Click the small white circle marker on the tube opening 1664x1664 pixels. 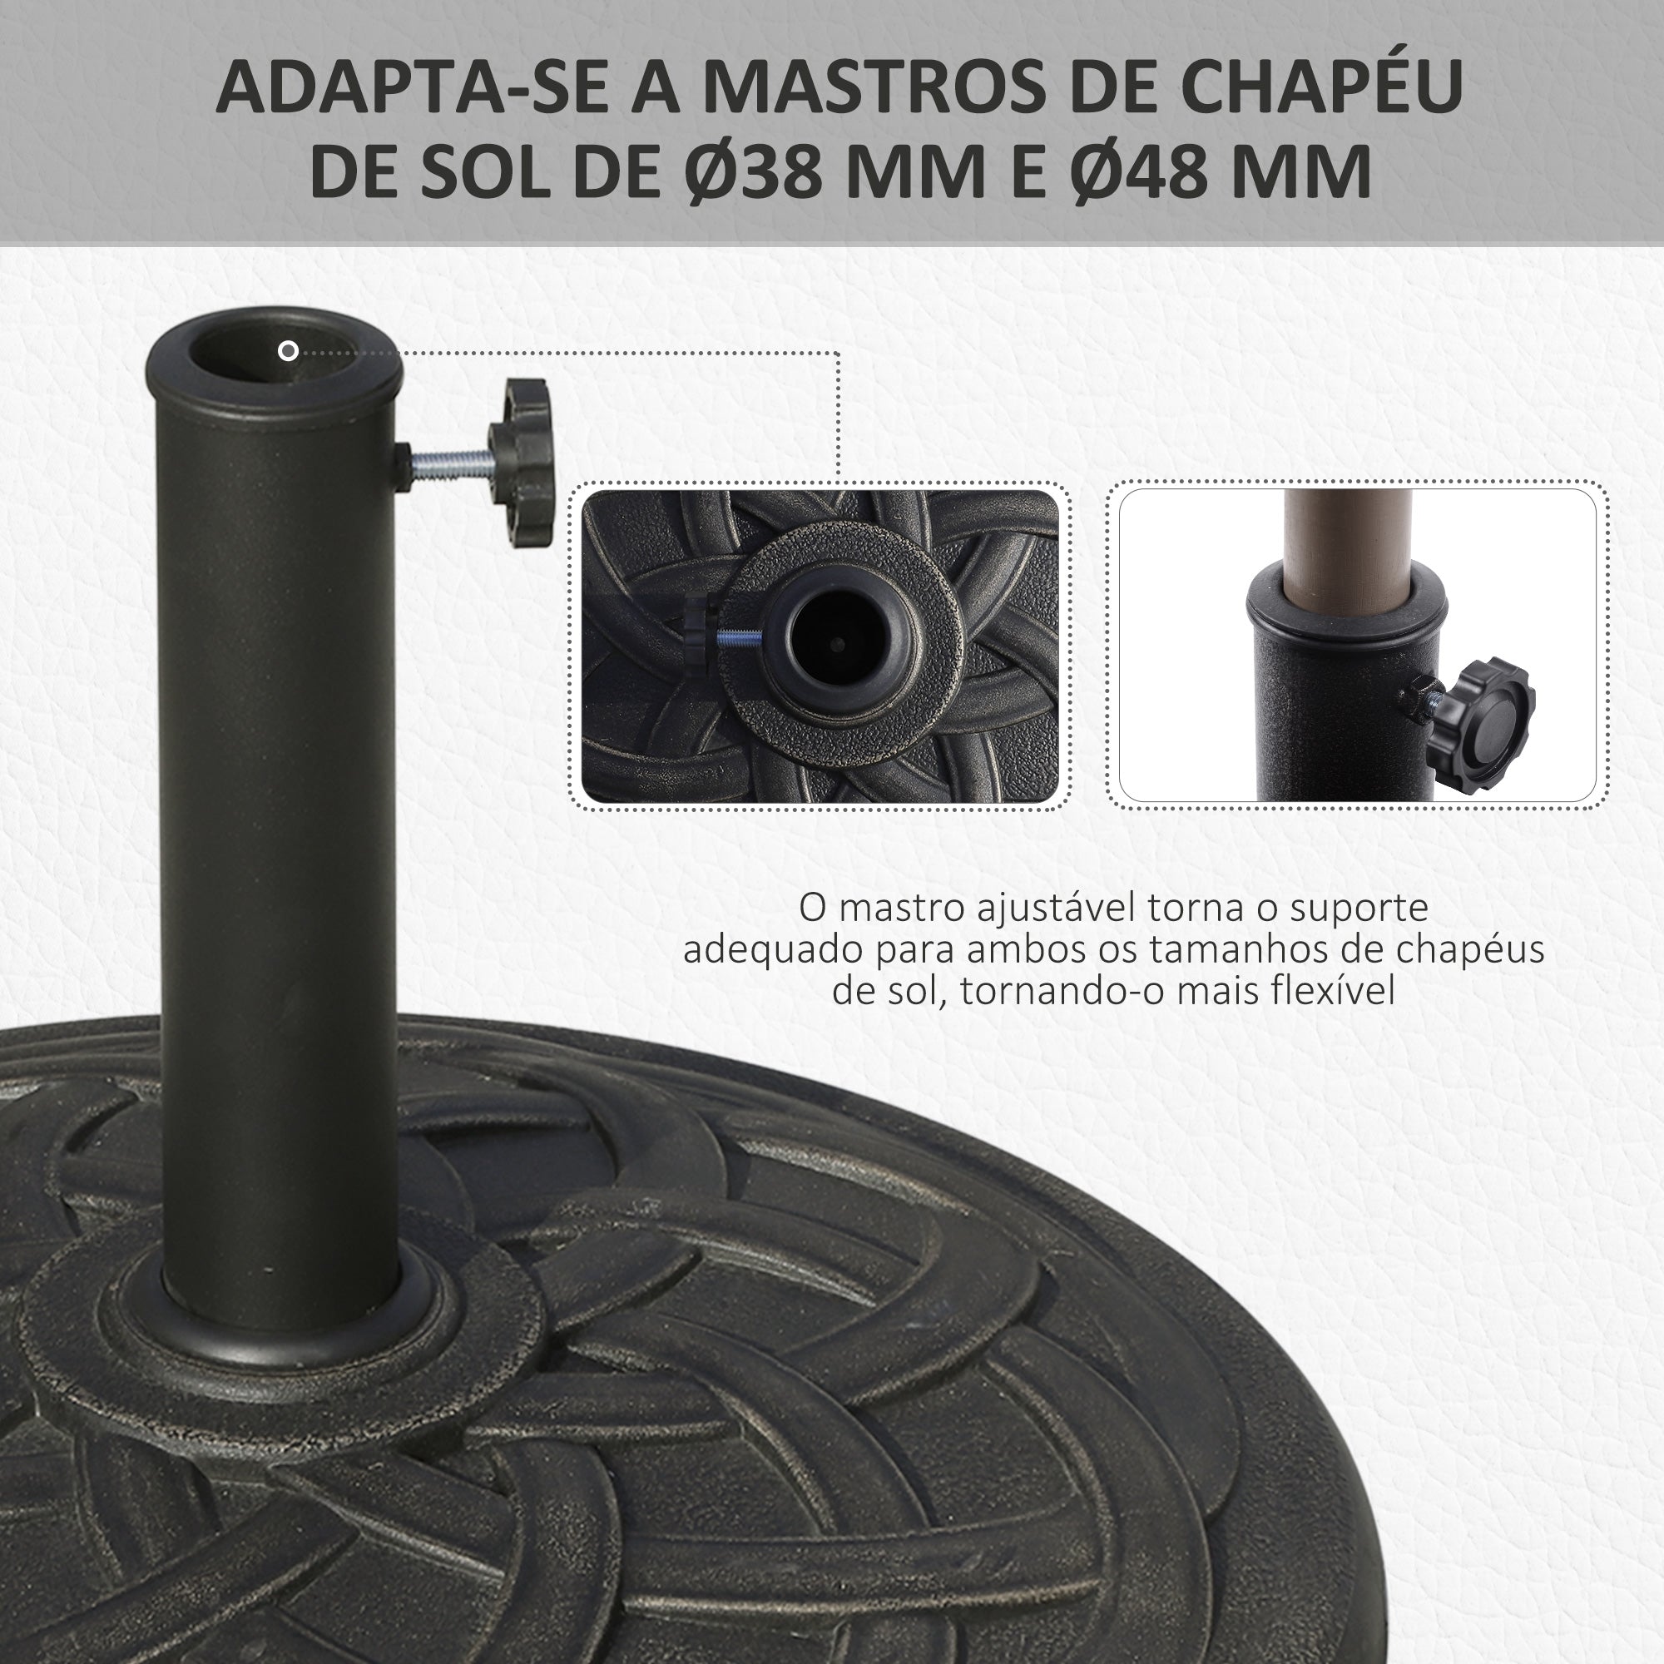click(x=289, y=350)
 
